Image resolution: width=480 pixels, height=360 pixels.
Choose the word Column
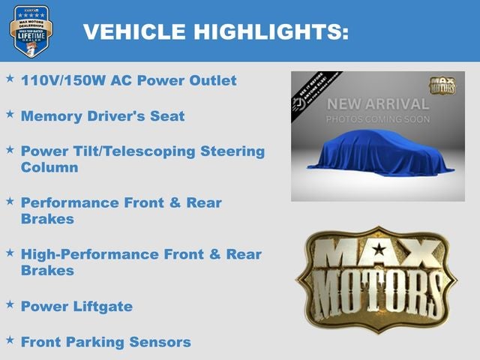pos(49,166)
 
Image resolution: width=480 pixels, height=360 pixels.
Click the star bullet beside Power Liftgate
pos(10,304)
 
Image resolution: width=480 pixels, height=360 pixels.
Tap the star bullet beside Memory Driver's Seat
pos(10,115)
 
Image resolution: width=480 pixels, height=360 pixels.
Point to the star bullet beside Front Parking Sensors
pos(10,340)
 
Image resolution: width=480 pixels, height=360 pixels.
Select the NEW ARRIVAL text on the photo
pos(377,103)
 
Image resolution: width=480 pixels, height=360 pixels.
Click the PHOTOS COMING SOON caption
pos(377,119)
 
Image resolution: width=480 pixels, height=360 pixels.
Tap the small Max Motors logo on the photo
pos(442,85)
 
